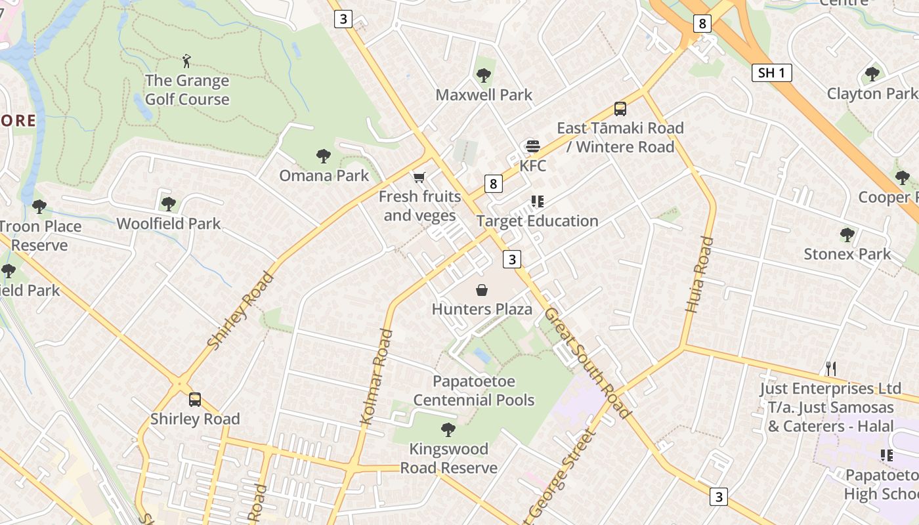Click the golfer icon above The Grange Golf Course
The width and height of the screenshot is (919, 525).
coord(187,62)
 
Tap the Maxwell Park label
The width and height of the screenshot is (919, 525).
coord(484,94)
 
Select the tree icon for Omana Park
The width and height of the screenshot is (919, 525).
coord(323,156)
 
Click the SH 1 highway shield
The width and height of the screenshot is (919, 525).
coord(771,73)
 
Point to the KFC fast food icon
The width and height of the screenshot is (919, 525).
coord(532,146)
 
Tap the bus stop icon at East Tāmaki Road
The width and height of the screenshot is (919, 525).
coord(620,109)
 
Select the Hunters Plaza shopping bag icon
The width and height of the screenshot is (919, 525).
coord(482,290)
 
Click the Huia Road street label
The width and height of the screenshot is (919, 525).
coord(698,274)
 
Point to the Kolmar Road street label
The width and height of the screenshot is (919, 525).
coord(377,377)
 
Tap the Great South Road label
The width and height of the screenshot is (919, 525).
coord(587,362)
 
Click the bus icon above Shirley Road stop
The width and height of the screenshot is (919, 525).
coord(195,399)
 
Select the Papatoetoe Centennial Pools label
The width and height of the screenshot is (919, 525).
coord(474,390)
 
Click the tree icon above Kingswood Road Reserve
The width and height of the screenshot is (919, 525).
coord(448,430)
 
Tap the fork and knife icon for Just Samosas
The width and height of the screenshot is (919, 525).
coord(831,369)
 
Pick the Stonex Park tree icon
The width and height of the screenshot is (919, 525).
coord(847,235)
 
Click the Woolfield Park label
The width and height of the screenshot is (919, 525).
coord(169,224)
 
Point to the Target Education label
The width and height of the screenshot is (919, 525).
coord(538,221)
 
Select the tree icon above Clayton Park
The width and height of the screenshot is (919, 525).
coord(872,74)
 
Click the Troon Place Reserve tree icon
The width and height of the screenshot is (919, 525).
coord(39,207)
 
